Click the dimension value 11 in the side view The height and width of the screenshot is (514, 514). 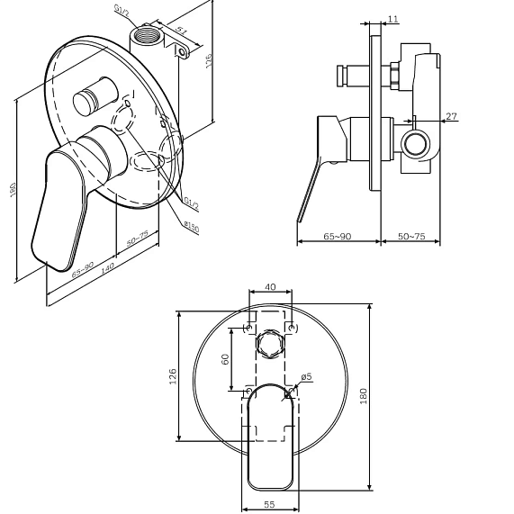(392, 19)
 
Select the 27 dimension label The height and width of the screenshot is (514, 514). (451, 116)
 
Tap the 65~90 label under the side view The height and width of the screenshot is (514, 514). (338, 236)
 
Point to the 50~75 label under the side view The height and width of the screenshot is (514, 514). (411, 236)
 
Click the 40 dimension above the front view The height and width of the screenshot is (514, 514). (270, 287)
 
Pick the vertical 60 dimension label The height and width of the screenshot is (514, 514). (225, 359)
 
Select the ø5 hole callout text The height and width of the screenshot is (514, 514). (306, 377)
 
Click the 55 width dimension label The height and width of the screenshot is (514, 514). (269, 504)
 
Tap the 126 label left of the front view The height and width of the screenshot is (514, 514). (173, 376)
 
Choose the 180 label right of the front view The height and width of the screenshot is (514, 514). (363, 396)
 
